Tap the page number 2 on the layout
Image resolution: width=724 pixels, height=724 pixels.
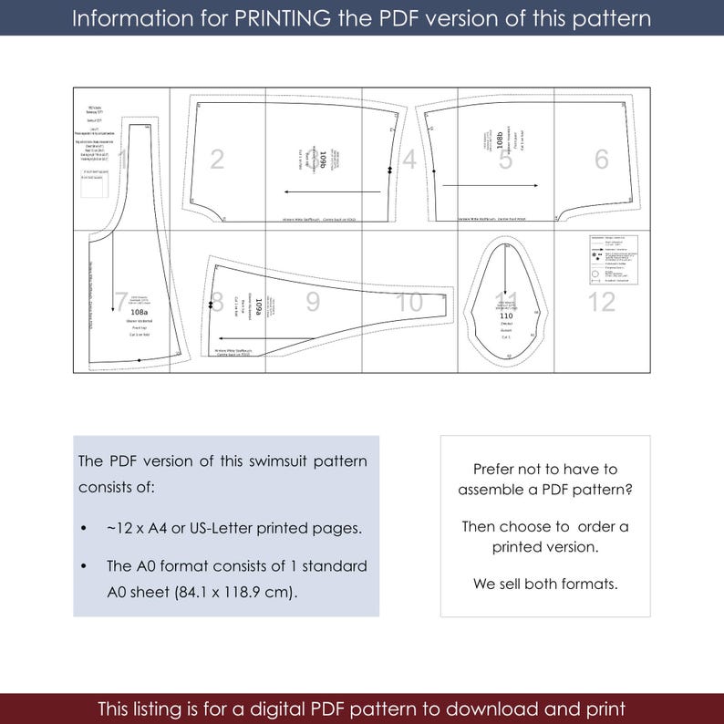[217, 160]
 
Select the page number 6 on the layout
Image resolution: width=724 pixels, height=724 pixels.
[601, 160]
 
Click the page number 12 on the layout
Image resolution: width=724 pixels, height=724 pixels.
[601, 302]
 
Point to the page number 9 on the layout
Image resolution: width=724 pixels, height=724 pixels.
[313, 302]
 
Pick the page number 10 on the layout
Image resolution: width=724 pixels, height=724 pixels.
[409, 302]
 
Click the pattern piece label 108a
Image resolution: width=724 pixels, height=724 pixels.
[140, 313]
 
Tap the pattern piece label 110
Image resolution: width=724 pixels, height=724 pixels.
[505, 315]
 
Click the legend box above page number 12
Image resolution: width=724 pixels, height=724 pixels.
[612, 259]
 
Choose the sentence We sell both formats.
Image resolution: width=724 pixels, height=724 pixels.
[545, 584]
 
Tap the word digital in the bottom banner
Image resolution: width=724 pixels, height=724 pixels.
[307, 708]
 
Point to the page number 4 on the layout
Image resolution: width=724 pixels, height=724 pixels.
[409, 160]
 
